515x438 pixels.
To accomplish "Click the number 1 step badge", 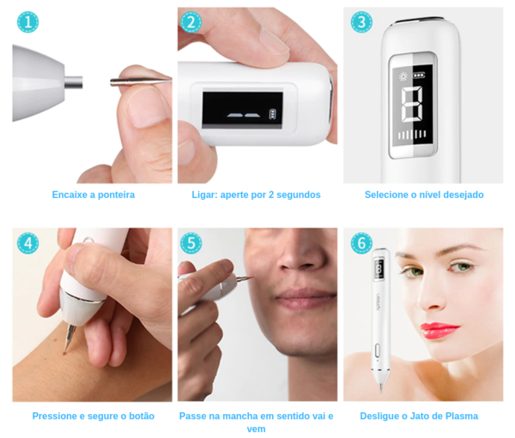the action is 28,22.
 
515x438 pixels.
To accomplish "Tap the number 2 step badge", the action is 191,22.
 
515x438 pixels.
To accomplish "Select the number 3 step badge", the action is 361,22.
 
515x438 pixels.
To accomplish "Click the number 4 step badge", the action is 28,243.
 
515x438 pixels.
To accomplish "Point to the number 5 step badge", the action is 191,243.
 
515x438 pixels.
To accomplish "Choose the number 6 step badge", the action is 361,243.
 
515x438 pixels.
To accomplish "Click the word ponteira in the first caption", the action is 116,195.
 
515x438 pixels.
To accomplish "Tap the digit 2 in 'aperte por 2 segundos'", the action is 271,195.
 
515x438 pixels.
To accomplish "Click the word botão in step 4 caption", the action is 142,416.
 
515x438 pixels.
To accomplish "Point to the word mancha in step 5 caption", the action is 238,416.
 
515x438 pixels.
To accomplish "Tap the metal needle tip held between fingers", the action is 141,81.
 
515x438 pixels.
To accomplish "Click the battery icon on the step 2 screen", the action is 272,114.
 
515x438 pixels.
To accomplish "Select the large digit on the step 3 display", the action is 412,105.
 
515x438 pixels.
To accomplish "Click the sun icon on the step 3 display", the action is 403,77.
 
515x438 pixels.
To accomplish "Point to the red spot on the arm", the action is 65,353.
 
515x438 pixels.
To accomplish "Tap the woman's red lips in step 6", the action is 439,330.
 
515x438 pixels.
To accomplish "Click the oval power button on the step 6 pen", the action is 377,350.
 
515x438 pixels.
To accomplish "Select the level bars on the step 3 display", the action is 412,135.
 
